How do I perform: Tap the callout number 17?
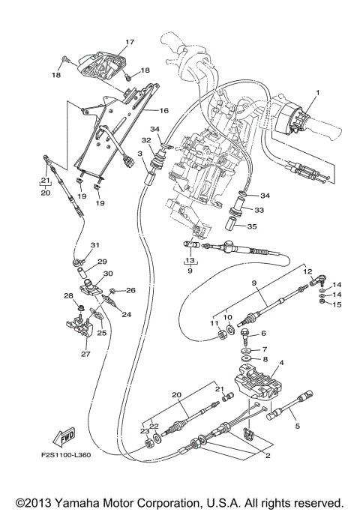pos(129,42)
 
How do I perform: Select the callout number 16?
pos(163,110)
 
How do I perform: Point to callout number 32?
pos(146,140)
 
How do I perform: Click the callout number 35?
pos(251,226)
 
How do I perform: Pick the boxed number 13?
pos(190,261)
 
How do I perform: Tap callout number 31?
pos(94,245)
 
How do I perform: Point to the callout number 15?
pos(337,304)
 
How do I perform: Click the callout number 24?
pos(125,315)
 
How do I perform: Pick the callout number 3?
pos(139,154)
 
